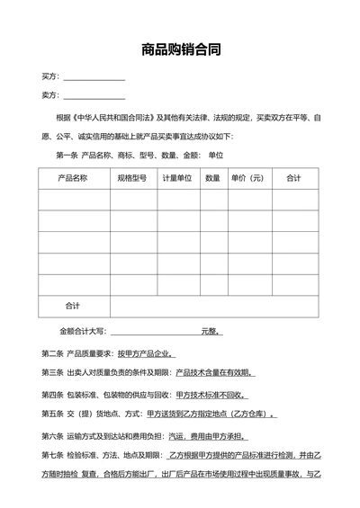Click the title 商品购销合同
(x=180, y=50)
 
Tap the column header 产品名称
(x=73, y=178)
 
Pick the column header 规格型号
(x=131, y=178)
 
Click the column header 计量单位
(x=176, y=178)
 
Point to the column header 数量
(x=212, y=178)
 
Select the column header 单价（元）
(x=247, y=178)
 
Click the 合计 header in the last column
(x=293, y=178)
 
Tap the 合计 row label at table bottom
(x=73, y=306)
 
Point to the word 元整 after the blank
(x=211, y=331)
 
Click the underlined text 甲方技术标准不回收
(x=203, y=394)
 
